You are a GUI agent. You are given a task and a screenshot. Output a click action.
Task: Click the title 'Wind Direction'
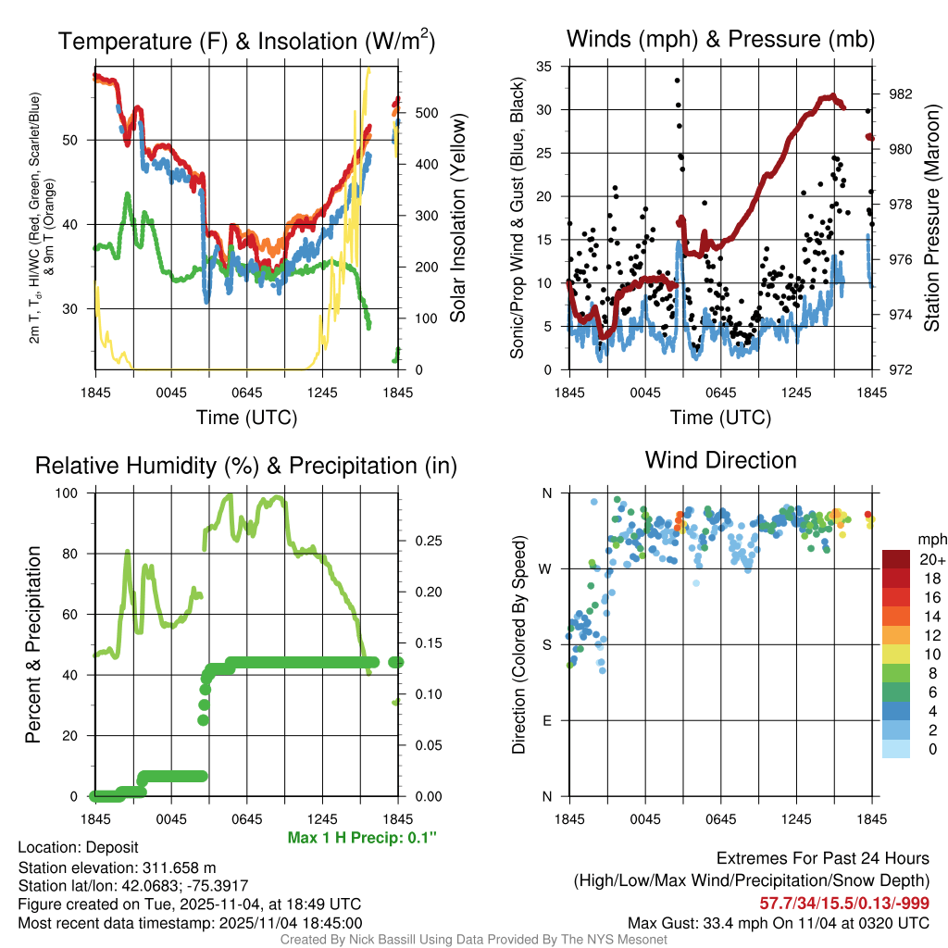coord(720,460)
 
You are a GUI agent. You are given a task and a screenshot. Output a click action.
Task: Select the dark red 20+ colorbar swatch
coord(897,559)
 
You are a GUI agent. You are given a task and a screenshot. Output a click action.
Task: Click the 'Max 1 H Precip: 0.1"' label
coord(362,838)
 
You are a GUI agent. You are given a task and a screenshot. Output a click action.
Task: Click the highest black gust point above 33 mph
coord(677,81)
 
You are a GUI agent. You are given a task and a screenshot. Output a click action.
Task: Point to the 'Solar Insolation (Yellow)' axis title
coord(457,219)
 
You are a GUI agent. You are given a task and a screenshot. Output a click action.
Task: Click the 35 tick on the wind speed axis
coord(545,67)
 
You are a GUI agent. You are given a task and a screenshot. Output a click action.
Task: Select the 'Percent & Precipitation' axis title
coord(32,644)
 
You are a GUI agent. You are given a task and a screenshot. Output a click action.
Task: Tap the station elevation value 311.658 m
coord(179,867)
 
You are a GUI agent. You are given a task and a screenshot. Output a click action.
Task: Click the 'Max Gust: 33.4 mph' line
coord(778,923)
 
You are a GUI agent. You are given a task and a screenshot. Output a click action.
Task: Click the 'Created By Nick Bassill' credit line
coord(473,940)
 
